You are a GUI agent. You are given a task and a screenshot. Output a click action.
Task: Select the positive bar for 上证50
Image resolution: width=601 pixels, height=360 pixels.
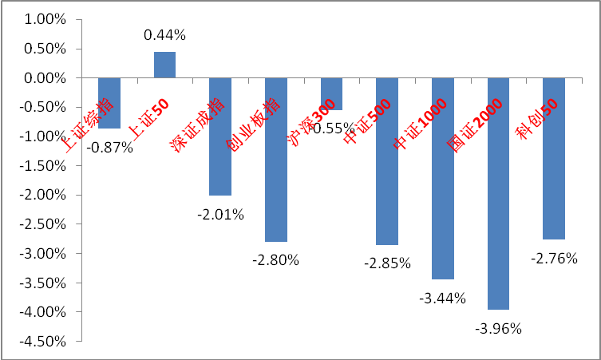(x=164, y=65)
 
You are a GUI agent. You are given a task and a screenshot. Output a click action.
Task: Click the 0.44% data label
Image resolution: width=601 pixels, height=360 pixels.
(x=164, y=35)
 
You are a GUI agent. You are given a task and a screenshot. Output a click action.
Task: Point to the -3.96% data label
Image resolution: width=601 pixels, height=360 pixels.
(x=498, y=327)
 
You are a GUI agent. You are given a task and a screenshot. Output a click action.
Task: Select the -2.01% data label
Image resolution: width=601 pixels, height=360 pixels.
(x=221, y=214)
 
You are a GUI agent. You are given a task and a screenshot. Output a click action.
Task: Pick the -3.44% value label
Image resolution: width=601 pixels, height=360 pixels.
(x=442, y=299)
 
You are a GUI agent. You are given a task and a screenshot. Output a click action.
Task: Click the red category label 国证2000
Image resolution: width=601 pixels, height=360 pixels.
(x=474, y=125)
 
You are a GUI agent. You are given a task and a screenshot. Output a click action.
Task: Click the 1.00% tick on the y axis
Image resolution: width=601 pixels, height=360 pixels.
(x=45, y=20)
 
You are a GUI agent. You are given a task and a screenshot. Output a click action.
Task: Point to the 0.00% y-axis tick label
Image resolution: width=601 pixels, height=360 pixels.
(x=45, y=78)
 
